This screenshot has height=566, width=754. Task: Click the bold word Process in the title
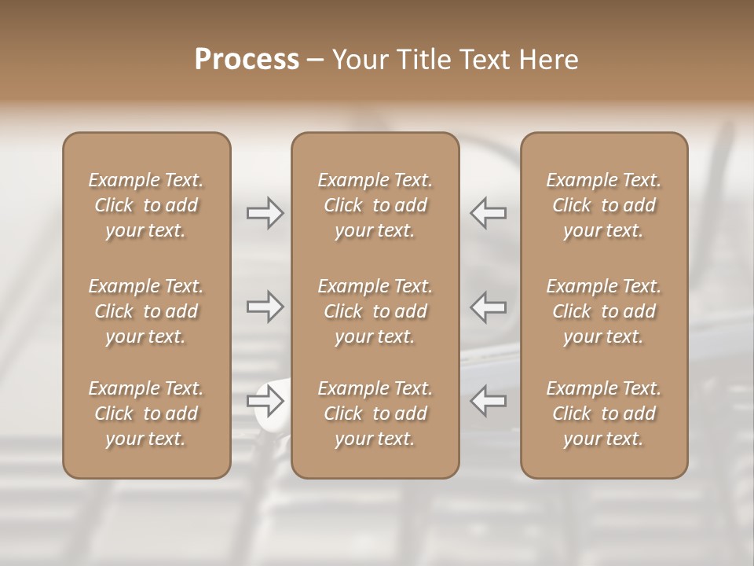tap(247, 60)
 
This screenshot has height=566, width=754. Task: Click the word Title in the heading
tap(423, 60)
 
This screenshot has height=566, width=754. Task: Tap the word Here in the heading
tap(550, 60)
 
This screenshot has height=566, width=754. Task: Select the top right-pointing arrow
tap(265, 213)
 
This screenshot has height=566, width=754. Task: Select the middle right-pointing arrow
tap(265, 307)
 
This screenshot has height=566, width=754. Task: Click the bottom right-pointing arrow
tap(265, 402)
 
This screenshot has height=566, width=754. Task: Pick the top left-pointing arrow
tap(488, 213)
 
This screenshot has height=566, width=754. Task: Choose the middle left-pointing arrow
tap(488, 307)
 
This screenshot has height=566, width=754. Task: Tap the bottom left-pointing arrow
tap(488, 402)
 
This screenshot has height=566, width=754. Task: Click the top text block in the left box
tap(146, 205)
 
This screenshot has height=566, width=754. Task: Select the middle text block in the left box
tap(146, 311)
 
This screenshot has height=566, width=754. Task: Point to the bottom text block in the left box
tap(146, 413)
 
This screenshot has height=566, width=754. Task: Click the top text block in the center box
tap(375, 205)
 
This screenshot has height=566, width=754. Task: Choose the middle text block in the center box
tap(375, 311)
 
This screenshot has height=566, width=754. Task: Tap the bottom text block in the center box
tap(375, 413)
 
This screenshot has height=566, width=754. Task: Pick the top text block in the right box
tap(604, 205)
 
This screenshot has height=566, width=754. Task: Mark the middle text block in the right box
tap(604, 311)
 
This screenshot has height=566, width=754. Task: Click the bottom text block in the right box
tap(604, 413)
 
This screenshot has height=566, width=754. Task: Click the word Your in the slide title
tap(361, 60)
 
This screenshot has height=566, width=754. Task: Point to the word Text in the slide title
tap(487, 60)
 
